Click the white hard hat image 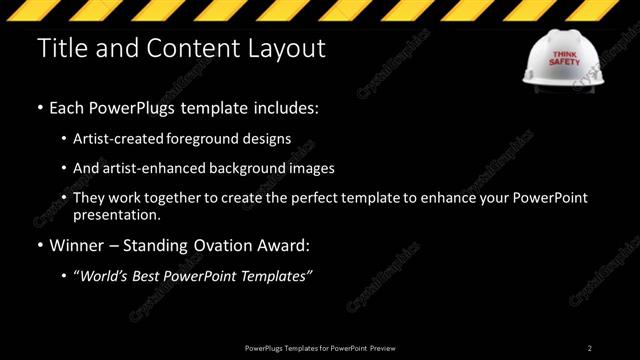coord(565,61)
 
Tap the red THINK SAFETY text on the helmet coord(565,57)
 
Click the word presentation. coord(116,215)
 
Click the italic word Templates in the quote coord(276,275)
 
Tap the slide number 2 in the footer coord(590,348)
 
